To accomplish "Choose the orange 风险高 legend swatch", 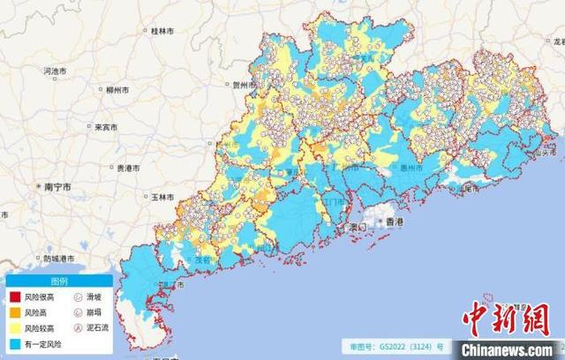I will tap(15, 312).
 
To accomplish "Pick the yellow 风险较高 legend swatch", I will tap(15, 326).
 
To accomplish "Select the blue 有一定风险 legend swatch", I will tap(15, 341).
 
